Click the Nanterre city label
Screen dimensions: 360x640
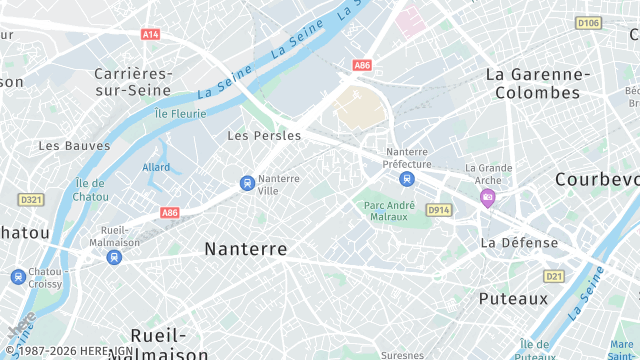245,249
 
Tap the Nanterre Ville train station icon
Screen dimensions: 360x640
246,183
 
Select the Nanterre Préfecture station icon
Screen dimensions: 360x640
406,179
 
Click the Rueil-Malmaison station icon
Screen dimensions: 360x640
113,257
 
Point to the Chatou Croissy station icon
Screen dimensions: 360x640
18,277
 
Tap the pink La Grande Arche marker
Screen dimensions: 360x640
487,197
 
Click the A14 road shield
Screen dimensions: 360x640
150,34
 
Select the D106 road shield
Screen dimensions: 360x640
588,23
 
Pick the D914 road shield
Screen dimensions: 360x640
438,210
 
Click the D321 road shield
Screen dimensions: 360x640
32,200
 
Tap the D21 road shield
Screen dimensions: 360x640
554,276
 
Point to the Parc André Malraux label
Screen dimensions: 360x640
386,210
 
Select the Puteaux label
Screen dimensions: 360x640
513,298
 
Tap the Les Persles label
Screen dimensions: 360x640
264,135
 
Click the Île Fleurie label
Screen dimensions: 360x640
180,113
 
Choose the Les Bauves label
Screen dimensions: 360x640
74,145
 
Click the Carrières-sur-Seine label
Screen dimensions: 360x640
133,83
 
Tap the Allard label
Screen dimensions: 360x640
156,167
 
